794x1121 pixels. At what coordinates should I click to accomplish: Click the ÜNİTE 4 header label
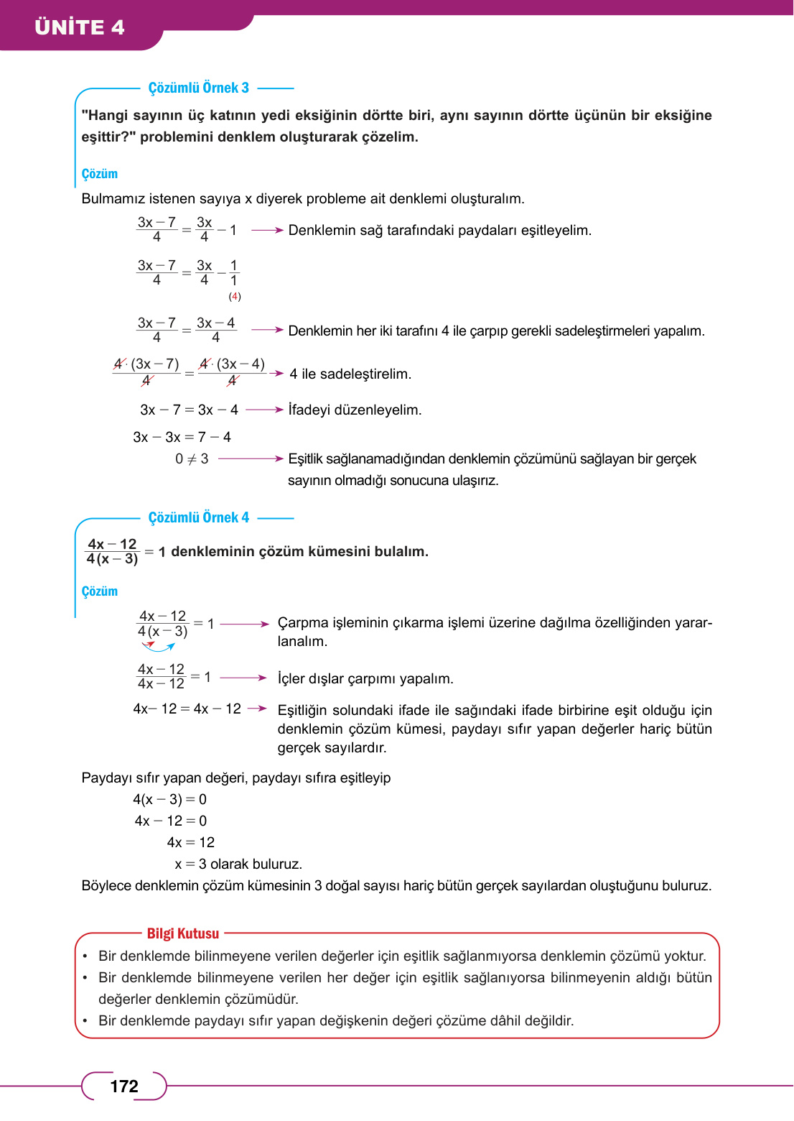[80, 27]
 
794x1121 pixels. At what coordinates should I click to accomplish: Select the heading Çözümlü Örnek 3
[198, 88]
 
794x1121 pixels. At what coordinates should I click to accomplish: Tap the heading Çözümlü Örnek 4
[198, 517]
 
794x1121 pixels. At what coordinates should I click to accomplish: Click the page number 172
[124, 1086]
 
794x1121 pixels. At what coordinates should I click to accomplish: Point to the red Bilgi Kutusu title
[183, 933]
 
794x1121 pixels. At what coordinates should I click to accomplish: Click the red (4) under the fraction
[235, 296]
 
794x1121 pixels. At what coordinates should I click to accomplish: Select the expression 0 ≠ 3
[192, 458]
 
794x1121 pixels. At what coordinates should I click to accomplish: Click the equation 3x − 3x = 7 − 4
[182, 437]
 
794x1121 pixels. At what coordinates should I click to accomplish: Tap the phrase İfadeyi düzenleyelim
[355, 410]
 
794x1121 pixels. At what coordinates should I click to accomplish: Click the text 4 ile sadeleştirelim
[350, 374]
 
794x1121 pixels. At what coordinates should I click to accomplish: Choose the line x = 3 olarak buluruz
[238, 864]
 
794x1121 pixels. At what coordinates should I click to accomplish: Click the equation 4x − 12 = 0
[171, 821]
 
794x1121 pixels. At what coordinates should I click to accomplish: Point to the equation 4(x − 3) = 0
[170, 799]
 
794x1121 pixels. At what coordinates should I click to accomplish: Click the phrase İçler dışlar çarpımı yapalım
[365, 678]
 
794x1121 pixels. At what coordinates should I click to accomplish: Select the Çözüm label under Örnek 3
[100, 174]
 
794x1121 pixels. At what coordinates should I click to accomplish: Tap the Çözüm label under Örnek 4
[100, 591]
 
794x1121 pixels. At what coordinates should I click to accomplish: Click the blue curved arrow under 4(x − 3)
[159, 647]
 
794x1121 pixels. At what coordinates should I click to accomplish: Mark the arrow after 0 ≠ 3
[251, 458]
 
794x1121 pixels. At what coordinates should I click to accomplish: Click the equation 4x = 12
[191, 842]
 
